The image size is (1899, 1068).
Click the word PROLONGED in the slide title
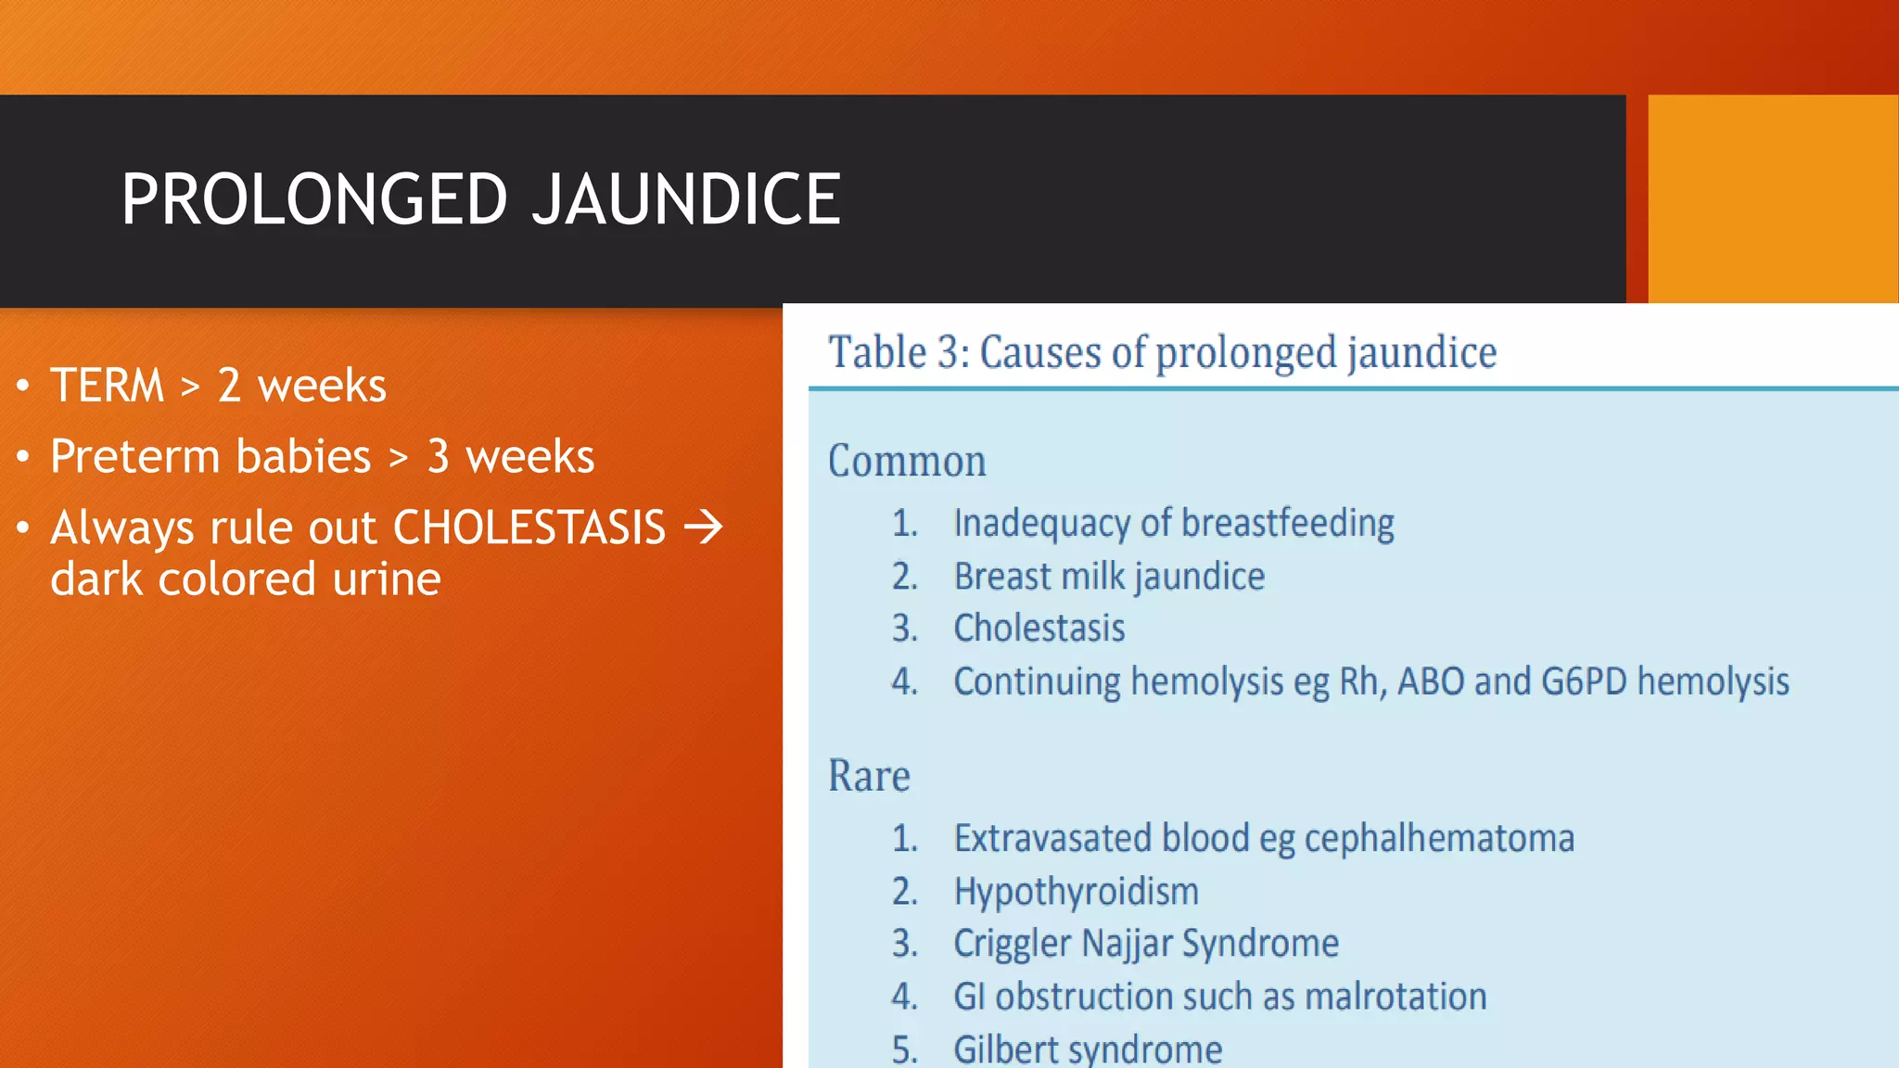(x=315, y=199)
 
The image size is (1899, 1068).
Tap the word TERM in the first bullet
(x=108, y=386)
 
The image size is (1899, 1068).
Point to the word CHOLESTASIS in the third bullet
(x=529, y=528)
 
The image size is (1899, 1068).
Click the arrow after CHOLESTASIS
(x=704, y=528)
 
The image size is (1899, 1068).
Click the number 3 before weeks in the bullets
(x=439, y=457)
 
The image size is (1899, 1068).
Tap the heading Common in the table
(x=907, y=462)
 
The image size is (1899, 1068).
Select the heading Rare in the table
(x=869, y=776)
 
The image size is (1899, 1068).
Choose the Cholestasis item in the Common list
(x=1039, y=629)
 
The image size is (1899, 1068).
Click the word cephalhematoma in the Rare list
(x=1439, y=839)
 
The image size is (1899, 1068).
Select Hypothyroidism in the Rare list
(x=1077, y=892)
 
